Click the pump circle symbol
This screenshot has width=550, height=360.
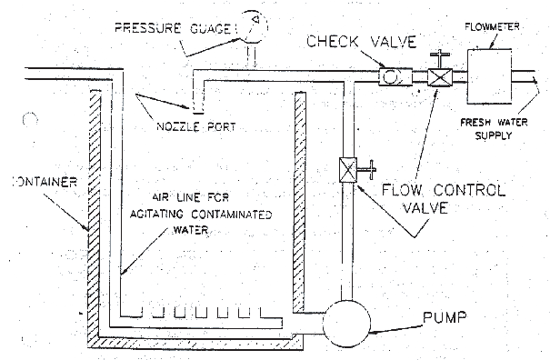click(346, 324)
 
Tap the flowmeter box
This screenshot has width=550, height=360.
click(489, 76)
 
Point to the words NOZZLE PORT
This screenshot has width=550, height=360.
click(196, 126)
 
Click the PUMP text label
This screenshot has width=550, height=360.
click(445, 317)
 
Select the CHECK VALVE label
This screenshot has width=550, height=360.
click(362, 42)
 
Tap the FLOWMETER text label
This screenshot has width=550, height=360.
click(492, 26)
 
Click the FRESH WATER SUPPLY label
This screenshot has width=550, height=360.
click(494, 129)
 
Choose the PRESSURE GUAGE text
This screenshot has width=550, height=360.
click(174, 28)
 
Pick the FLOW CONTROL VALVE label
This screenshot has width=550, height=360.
click(444, 198)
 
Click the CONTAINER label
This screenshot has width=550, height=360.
click(45, 182)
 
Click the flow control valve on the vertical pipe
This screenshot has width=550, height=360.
click(348, 170)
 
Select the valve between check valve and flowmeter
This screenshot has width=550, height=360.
click(440, 77)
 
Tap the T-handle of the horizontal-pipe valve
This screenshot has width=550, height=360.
click(440, 58)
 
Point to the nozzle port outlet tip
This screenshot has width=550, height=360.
click(198, 113)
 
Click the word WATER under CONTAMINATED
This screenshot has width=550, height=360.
click(191, 230)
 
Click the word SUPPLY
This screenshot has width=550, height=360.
click(494, 135)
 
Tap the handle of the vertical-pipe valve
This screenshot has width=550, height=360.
click(367, 170)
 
